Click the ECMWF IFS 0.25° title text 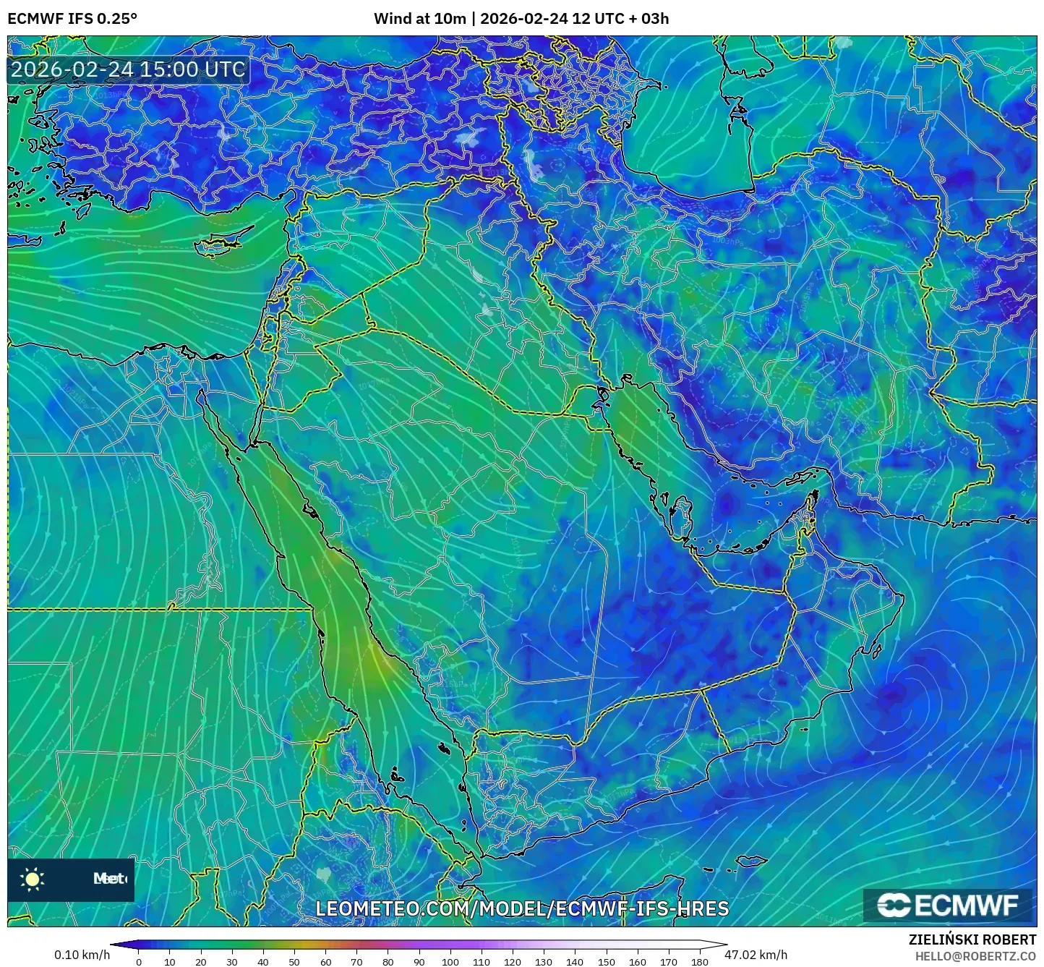click(72, 18)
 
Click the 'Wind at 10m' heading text click(419, 18)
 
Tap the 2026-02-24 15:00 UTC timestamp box click(128, 69)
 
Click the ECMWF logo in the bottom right click(948, 905)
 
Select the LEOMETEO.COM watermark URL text click(522, 908)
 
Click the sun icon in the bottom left click(33, 879)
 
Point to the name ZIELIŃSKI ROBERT click(972, 940)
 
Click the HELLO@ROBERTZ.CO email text click(975, 956)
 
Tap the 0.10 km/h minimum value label click(82, 955)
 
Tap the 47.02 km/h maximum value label click(756, 955)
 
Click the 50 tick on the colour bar click(294, 962)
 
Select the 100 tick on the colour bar click(450, 962)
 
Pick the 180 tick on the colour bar click(699, 962)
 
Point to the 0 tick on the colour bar click(139, 962)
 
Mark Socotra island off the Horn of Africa click(753, 861)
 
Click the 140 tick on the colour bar click(575, 962)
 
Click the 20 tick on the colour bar click(201, 962)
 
